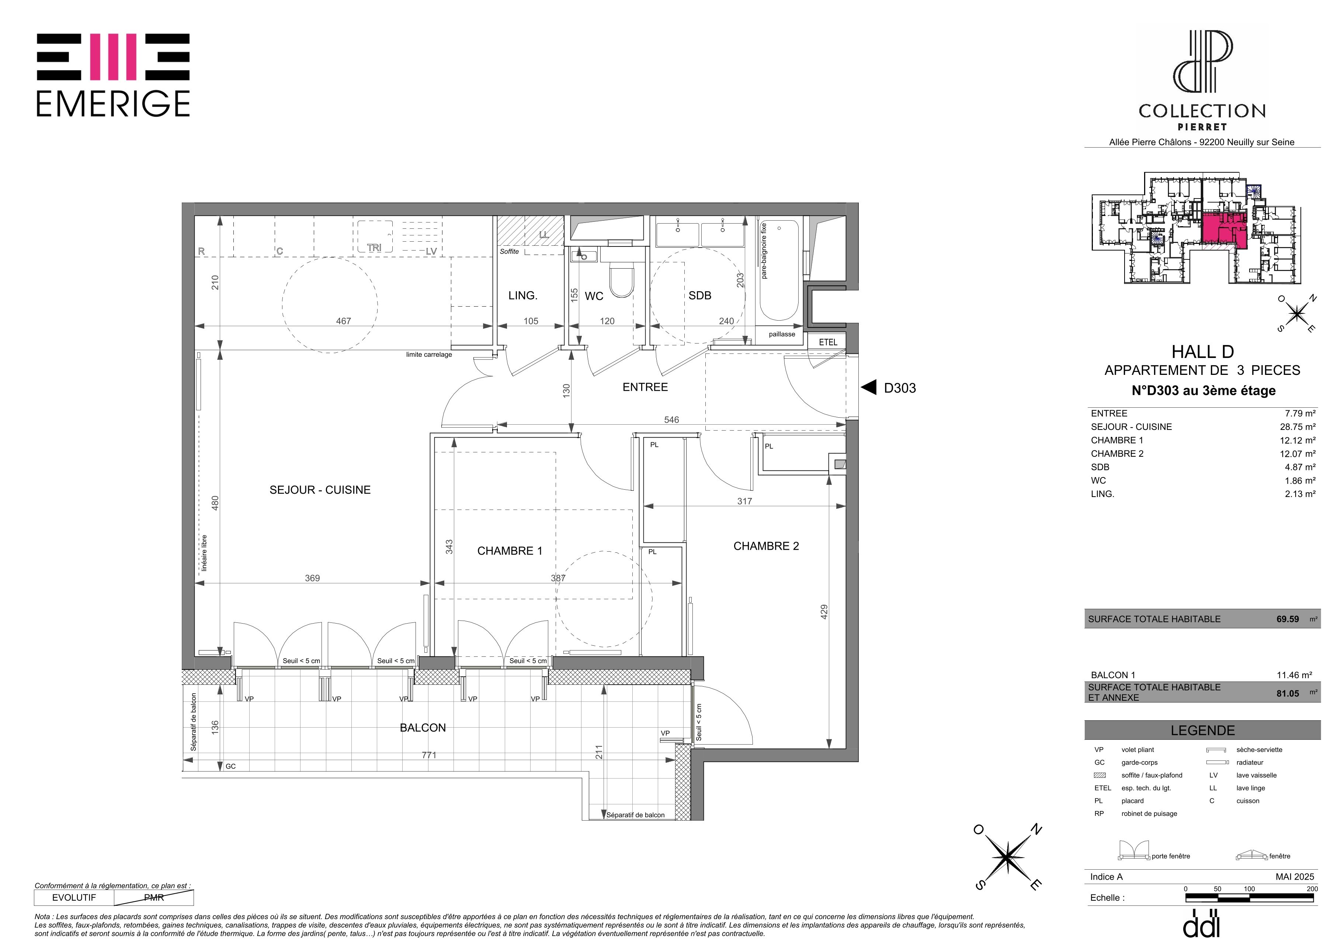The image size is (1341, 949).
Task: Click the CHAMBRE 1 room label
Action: click(x=509, y=551)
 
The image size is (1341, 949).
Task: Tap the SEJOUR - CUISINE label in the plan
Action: click(x=320, y=490)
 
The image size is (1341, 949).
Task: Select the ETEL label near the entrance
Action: click(x=828, y=342)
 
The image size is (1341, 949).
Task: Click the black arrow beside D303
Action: click(x=869, y=387)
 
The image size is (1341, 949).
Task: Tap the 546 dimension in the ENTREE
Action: click(x=672, y=420)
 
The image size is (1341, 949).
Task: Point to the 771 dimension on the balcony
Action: click(x=429, y=755)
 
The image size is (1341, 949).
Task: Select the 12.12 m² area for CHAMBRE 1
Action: click(x=1298, y=440)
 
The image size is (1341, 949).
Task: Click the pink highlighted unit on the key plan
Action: click(x=1224, y=229)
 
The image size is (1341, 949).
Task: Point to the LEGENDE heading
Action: click(x=1203, y=731)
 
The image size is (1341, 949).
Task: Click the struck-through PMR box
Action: click(x=154, y=898)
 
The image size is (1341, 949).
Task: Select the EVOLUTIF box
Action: click(x=74, y=898)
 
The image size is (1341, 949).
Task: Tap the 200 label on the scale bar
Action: click(x=1312, y=889)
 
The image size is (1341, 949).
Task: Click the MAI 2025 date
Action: click(x=1295, y=877)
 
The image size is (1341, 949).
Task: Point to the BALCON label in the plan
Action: click(x=423, y=728)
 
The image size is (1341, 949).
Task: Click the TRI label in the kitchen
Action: click(x=374, y=248)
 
